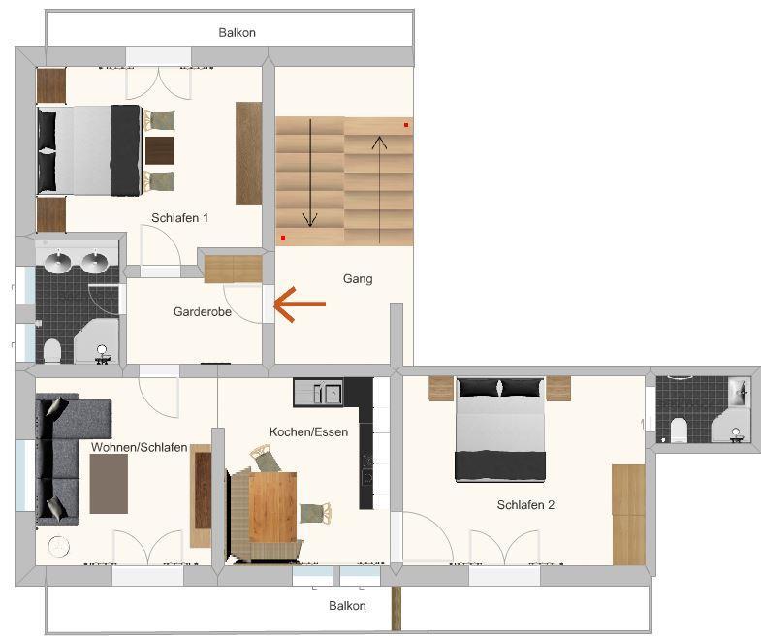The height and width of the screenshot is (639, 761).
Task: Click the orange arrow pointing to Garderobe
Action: [300, 304]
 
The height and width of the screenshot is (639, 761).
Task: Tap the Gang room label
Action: [358, 279]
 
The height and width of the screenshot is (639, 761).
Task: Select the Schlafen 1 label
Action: [179, 218]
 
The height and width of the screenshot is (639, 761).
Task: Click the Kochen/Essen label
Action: [308, 431]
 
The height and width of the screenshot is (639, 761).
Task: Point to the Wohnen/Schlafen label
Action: [140, 447]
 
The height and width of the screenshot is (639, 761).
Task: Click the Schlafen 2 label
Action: [525, 505]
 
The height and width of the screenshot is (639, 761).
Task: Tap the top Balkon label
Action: [237, 33]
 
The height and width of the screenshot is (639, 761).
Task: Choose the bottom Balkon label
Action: [347, 605]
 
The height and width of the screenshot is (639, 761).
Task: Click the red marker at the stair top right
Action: [406, 125]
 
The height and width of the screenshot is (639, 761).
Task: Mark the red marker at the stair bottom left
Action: [283, 238]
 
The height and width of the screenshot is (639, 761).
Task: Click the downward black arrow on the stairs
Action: [310, 174]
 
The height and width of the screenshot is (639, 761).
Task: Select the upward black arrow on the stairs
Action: [379, 189]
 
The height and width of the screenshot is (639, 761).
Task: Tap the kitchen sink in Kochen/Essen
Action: [318, 393]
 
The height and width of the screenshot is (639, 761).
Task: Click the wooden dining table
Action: [272, 507]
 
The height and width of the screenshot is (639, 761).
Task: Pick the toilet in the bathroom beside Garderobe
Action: [52, 350]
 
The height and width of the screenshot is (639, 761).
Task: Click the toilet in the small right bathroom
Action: [679, 431]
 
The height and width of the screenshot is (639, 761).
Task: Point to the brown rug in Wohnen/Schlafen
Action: [109, 484]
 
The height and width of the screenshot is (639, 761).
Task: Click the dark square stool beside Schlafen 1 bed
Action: [159, 150]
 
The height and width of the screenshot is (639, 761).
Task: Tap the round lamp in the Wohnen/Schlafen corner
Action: [59, 547]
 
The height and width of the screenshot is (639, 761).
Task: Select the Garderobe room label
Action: [203, 311]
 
